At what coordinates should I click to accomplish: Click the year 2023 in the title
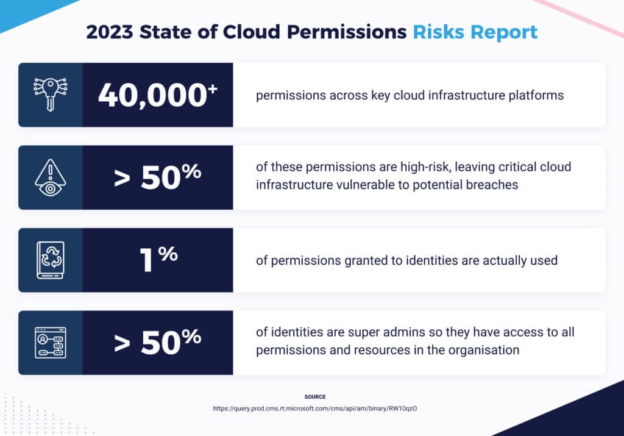point(110,32)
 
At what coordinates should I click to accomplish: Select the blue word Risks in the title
point(438,32)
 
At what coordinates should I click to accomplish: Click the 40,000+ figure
point(158,95)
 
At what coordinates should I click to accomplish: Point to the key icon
point(51,95)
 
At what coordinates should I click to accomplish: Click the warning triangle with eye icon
point(51,177)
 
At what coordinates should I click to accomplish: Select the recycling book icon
point(51,260)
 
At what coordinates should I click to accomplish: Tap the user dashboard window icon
point(51,343)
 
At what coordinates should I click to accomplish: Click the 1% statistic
point(158,259)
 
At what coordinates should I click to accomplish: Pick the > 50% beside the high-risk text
point(158,177)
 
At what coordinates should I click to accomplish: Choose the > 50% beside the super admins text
point(158,342)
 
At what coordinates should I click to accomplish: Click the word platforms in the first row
point(536,96)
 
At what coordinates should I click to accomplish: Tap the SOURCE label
point(315,397)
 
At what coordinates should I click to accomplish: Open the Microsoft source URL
point(315,409)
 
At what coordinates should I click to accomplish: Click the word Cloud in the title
point(252,32)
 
